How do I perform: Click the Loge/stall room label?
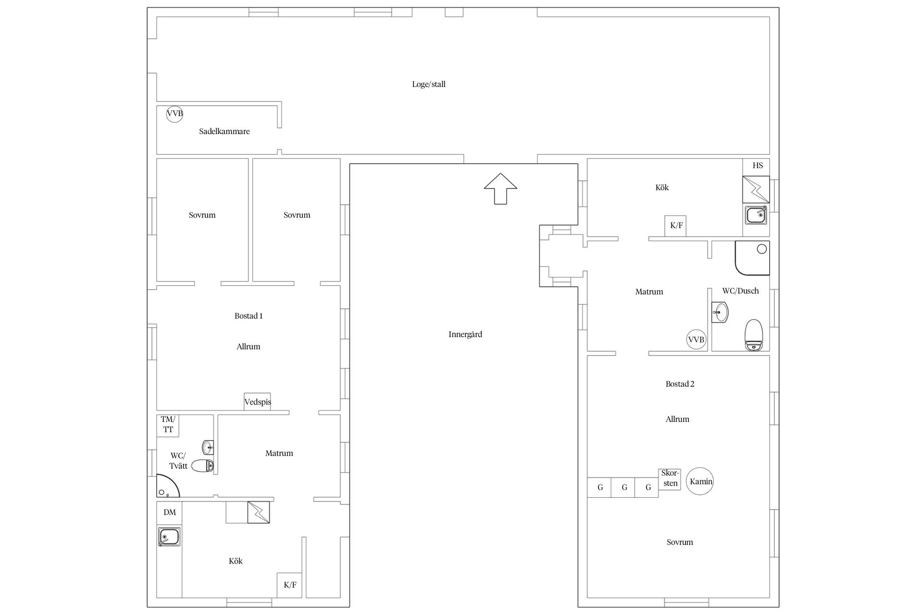point(429,85)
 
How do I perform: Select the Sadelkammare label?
point(225,131)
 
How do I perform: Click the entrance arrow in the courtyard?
point(500,188)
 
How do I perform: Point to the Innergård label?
point(465,334)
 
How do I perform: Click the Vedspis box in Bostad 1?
point(257,402)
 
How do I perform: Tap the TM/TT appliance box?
point(168,425)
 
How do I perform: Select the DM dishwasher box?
point(169,513)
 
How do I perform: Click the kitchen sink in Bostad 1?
point(169,537)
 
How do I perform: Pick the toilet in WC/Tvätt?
point(202,465)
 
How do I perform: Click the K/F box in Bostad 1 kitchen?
point(290,585)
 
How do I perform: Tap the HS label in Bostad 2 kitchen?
point(758,166)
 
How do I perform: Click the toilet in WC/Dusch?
point(754,334)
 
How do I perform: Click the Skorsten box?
point(670,479)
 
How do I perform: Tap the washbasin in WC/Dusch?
point(720,312)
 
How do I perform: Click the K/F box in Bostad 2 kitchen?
point(675,226)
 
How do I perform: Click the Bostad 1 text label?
point(249,316)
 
